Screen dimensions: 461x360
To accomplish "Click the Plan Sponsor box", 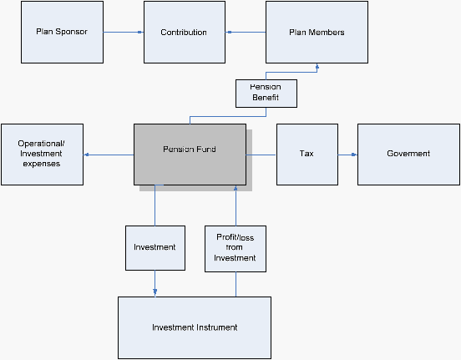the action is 62,32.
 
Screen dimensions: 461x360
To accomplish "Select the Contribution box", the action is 185,32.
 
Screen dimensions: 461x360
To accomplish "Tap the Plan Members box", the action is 317,32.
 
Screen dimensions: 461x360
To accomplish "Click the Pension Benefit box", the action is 266,94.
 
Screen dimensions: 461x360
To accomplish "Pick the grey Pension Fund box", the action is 190,155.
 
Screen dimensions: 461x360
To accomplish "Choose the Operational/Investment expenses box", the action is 42,155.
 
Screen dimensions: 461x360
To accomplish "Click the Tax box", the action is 307,155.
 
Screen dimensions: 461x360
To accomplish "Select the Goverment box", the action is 408,155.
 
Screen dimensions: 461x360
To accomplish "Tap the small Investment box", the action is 155,248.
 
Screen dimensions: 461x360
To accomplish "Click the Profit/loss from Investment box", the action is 236,249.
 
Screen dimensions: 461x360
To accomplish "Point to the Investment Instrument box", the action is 195,327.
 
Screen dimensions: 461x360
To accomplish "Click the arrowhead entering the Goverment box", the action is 355,155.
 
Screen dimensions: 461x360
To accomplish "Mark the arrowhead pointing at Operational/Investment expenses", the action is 87,155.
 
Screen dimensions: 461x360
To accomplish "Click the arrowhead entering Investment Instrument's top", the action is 155,292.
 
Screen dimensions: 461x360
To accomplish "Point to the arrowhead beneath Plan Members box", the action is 317,67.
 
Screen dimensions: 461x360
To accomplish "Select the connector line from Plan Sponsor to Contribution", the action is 124,32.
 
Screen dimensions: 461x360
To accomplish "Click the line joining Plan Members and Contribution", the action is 246,32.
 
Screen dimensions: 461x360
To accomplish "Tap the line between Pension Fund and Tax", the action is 261,155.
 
